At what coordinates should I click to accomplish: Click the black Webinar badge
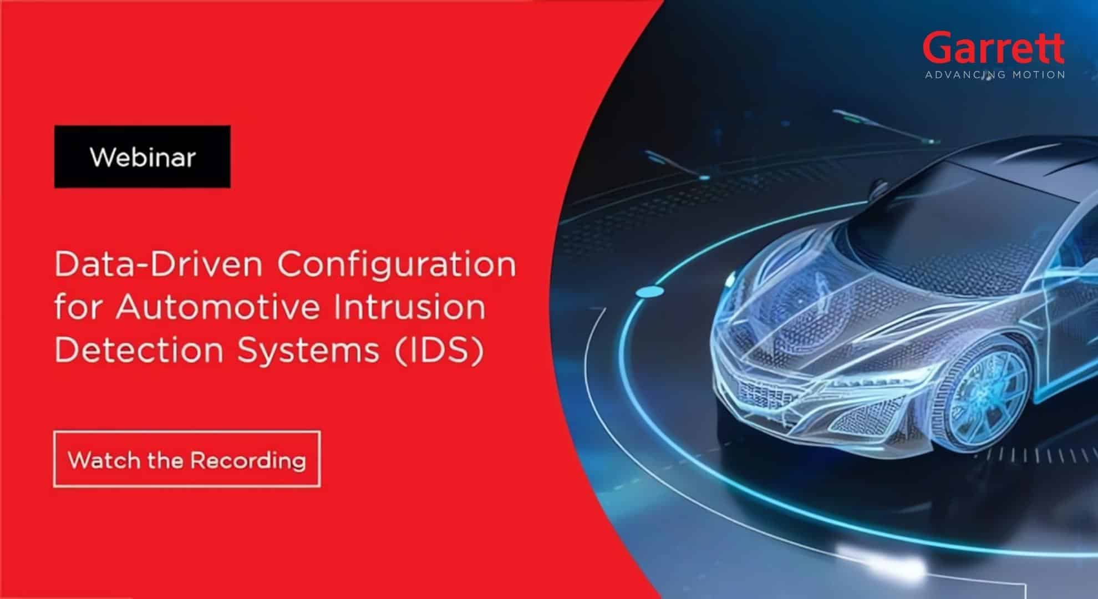pyautogui.click(x=143, y=157)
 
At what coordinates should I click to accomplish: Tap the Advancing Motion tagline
pyautogui.click(x=995, y=74)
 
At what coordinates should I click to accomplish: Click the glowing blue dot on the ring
pyautogui.click(x=649, y=292)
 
